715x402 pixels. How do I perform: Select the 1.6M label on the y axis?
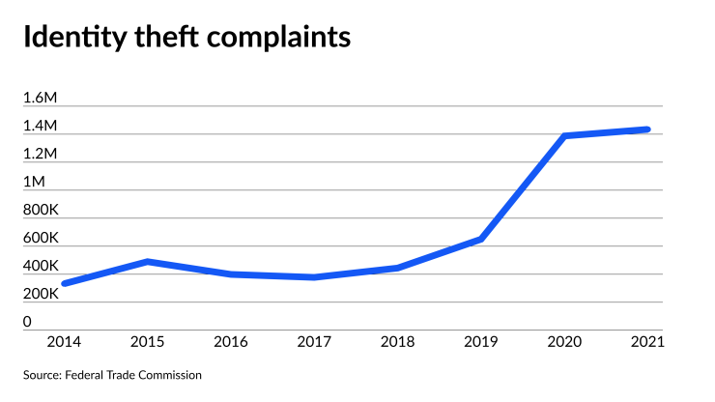click(x=41, y=98)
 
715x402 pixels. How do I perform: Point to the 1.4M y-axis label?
click(x=41, y=126)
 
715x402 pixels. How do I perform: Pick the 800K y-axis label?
click(x=41, y=210)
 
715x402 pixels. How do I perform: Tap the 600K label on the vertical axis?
click(x=41, y=238)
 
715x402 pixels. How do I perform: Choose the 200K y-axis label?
click(x=41, y=294)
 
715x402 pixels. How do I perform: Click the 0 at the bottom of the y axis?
click(x=28, y=322)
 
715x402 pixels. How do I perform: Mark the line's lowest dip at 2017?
click(x=314, y=277)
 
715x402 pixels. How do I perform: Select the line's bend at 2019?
click(x=480, y=239)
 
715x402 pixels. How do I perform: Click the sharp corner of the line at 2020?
click(x=564, y=136)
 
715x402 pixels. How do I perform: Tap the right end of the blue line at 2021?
click(x=646, y=129)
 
